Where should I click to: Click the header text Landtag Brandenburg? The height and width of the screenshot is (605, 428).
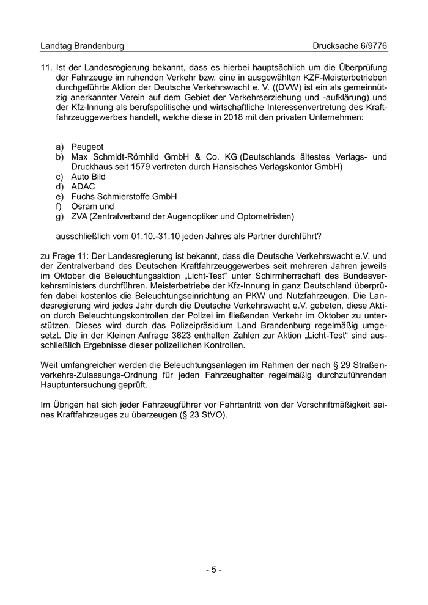[82, 46]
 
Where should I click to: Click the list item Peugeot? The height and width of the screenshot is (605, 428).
[87, 147]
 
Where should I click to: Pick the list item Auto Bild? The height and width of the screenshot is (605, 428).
[89, 176]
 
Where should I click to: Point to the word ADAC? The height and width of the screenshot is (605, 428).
[83, 186]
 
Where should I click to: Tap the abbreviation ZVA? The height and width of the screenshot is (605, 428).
[80, 216]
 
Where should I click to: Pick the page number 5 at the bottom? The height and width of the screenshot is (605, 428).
[213, 570]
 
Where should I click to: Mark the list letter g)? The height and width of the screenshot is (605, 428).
[59, 216]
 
